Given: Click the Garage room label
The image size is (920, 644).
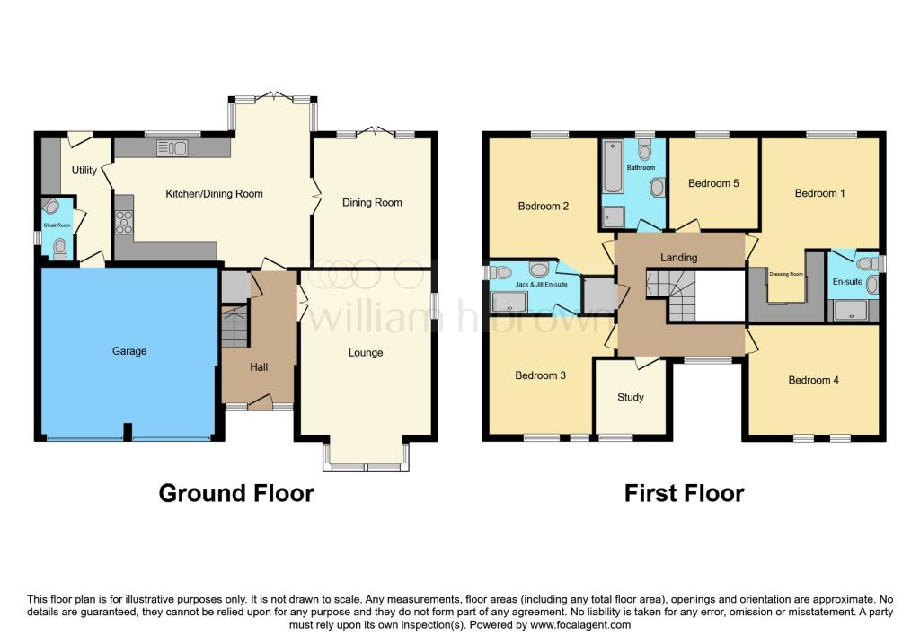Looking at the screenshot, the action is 129,350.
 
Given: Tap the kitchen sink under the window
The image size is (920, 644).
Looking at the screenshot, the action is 172,148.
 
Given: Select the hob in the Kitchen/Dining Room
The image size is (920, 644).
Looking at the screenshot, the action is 124,222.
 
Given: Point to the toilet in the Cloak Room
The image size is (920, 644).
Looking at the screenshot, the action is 60,250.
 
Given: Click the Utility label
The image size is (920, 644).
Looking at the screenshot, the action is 84,170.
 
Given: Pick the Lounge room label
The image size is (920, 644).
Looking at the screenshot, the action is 366,352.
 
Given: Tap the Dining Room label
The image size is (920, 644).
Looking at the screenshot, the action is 372,202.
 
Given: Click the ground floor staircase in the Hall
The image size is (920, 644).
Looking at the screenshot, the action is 234,326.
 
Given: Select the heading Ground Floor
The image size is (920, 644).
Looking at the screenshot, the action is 236,493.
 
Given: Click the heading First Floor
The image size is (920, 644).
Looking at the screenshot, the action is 684,493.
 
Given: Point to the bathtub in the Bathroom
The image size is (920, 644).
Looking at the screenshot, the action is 613,166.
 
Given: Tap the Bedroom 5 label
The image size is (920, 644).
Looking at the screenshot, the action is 713,183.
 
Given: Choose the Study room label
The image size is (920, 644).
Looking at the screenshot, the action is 631,397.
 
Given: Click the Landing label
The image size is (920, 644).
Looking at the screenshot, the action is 679,257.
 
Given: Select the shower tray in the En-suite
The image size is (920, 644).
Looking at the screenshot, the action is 851,310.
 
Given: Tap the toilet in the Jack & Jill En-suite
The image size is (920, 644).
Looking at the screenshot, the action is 500,272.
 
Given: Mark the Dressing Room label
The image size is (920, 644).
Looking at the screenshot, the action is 786,274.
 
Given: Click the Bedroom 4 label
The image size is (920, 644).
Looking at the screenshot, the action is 813,380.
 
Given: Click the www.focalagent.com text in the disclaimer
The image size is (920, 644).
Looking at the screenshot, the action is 580,624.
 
